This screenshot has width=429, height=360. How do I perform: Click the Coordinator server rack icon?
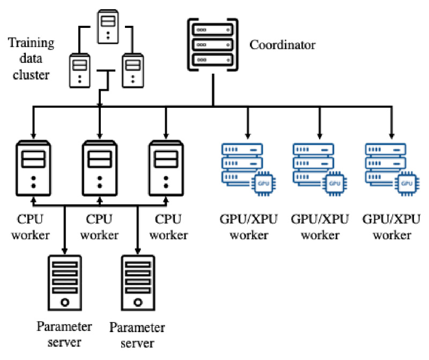pyautogui.click(x=213, y=45)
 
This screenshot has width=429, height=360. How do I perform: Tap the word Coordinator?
pyautogui.click(x=283, y=45)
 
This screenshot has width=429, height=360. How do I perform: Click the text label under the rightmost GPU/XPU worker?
pyautogui.click(x=387, y=227)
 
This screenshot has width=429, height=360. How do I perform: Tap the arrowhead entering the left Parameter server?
pyautogui.click(x=65, y=249)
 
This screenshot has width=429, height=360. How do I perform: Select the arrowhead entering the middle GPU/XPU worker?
pyautogui.click(x=320, y=135)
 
